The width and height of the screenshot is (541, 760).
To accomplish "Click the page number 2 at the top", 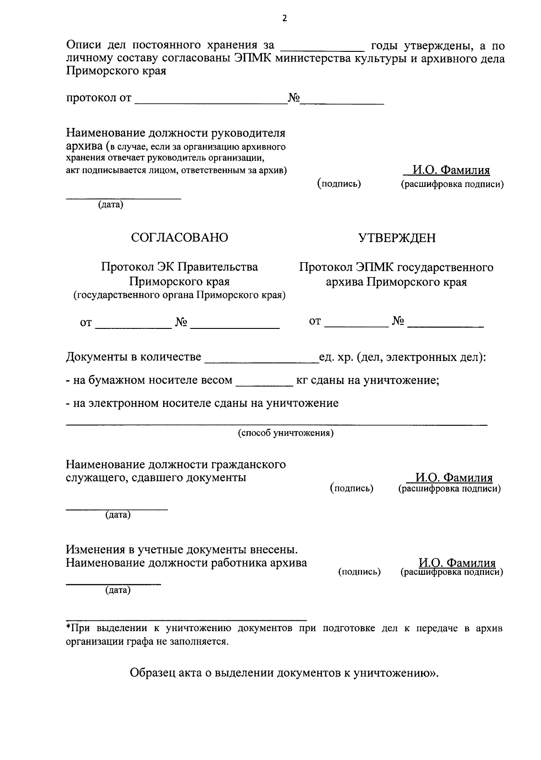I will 284,18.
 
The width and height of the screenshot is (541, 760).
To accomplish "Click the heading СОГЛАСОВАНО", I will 179,237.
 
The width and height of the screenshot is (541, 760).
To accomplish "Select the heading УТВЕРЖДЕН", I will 397,237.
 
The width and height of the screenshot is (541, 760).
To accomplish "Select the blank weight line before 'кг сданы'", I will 265,383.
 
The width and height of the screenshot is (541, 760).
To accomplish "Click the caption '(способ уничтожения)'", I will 286,433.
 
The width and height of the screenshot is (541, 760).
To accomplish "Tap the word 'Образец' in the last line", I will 152,673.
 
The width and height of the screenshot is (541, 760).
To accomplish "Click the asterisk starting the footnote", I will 68,627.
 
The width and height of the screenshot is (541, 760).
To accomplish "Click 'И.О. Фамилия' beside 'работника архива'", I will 457,563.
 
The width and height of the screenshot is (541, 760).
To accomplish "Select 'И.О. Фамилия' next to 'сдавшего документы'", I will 454,478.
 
